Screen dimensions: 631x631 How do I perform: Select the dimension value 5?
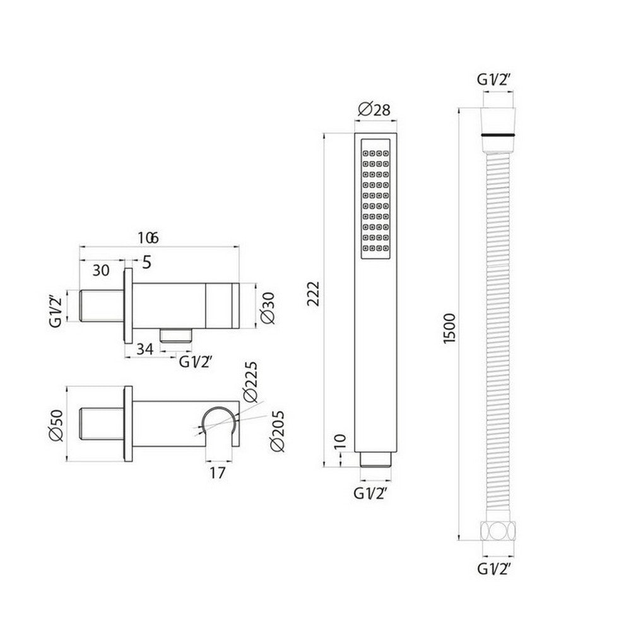146,263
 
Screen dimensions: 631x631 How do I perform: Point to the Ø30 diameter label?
267,307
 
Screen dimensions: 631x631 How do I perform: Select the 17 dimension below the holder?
217,471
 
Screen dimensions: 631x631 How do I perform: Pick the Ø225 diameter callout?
250,381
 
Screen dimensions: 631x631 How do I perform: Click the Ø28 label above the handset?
374,109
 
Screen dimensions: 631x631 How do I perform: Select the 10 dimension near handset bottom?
339,442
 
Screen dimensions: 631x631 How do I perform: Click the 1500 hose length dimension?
449,328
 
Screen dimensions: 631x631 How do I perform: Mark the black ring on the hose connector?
498,135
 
